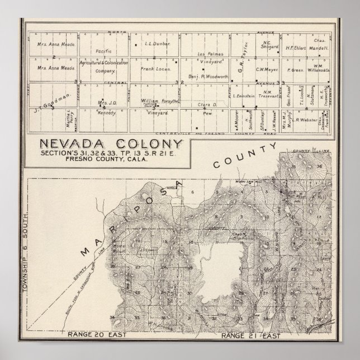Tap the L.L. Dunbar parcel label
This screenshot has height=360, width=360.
click(x=153, y=43)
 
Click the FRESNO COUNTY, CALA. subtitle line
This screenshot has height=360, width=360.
click(x=93, y=159)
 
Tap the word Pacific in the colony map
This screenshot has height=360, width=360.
click(x=104, y=51)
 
